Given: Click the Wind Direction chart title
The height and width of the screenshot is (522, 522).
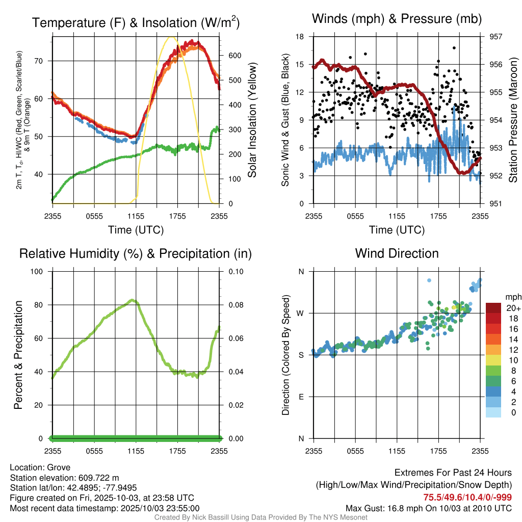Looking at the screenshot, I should [397, 253].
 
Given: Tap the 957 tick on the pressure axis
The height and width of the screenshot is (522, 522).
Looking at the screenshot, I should [496, 37].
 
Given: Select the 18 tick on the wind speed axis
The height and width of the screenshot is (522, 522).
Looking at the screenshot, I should [300, 37].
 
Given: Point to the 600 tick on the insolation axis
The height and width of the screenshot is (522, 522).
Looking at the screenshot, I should [230, 56].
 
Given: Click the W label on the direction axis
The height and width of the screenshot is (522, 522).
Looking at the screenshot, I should [301, 313].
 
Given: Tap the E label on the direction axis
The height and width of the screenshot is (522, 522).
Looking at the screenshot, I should [301, 397].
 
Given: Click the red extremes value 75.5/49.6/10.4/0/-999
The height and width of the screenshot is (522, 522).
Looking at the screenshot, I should [467, 497].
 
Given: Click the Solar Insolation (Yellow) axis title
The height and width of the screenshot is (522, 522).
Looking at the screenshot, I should [252, 120].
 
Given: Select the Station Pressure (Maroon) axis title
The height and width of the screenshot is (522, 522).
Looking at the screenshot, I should [513, 120].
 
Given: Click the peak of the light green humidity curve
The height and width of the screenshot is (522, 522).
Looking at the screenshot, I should [133, 300].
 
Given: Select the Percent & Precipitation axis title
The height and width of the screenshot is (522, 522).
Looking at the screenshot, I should [18, 355].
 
